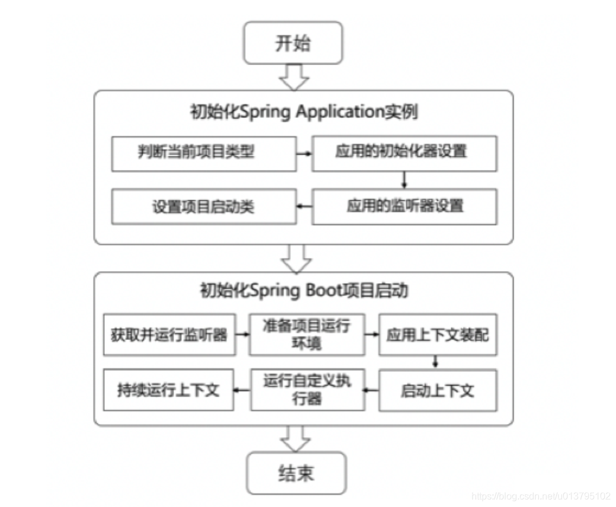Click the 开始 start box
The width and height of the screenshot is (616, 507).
[x=293, y=43]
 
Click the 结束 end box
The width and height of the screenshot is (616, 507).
[x=296, y=473]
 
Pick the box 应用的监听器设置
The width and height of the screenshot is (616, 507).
[x=405, y=206]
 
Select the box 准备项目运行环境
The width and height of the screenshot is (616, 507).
[x=307, y=334]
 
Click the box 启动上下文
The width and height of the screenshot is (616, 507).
[x=438, y=390]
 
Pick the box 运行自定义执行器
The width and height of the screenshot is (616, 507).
[x=307, y=390]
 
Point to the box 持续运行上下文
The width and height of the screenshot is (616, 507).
[x=169, y=390]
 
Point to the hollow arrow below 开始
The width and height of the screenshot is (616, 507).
[x=294, y=77]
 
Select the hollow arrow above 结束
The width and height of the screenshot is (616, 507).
[x=295, y=438]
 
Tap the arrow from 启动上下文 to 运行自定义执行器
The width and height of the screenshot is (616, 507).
[x=371, y=390]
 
